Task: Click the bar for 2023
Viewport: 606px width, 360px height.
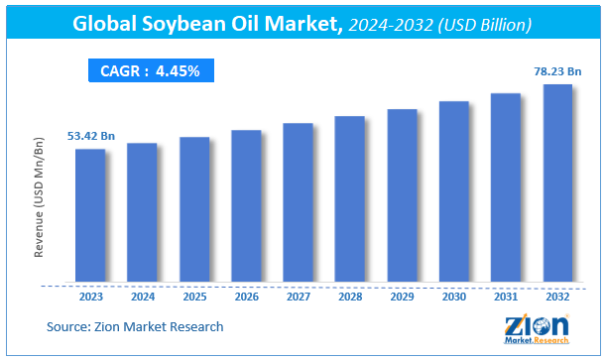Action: click(x=90, y=214)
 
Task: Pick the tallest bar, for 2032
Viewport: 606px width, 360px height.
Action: click(x=557, y=182)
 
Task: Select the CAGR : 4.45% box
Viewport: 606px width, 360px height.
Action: click(x=150, y=70)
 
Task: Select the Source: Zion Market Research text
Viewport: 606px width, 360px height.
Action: click(x=135, y=325)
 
